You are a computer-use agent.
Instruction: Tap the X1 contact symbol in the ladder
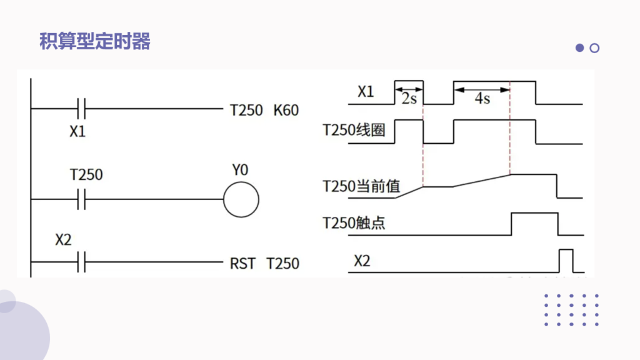[x=81, y=109]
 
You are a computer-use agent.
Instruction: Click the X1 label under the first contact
[x=77, y=132]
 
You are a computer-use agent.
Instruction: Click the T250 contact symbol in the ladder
[x=81, y=199]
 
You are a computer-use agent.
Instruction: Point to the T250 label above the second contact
[x=86, y=174]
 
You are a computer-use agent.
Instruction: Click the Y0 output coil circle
[x=241, y=200]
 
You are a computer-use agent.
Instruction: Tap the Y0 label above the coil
[x=241, y=170]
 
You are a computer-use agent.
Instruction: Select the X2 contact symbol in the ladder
[x=81, y=262]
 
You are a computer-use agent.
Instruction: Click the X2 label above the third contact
[x=63, y=239]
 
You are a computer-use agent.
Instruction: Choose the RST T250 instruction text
[x=264, y=263]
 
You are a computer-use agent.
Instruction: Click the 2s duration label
[x=409, y=99]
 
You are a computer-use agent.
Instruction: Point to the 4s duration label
[x=482, y=99]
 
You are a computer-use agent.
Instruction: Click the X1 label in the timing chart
[x=366, y=92]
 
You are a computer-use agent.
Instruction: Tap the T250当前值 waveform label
[x=361, y=186]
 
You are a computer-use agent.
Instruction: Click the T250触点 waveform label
[x=354, y=222]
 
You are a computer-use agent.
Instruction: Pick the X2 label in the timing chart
[x=362, y=260]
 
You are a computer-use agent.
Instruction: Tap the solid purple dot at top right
[x=579, y=48]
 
